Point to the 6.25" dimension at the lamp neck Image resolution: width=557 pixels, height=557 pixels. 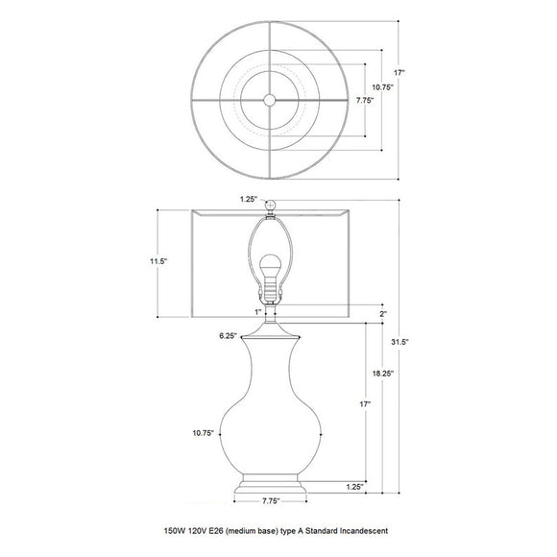pos(228,335)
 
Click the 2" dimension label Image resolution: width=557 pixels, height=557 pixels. pos(382,313)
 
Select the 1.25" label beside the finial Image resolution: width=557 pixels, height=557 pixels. pos(248,201)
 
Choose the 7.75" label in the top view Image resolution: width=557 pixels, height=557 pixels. pos(364,100)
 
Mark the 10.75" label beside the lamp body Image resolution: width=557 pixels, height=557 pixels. pos(202,433)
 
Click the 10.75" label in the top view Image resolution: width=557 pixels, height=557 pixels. pos(382,86)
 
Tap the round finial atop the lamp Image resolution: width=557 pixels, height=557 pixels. pos(270,204)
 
